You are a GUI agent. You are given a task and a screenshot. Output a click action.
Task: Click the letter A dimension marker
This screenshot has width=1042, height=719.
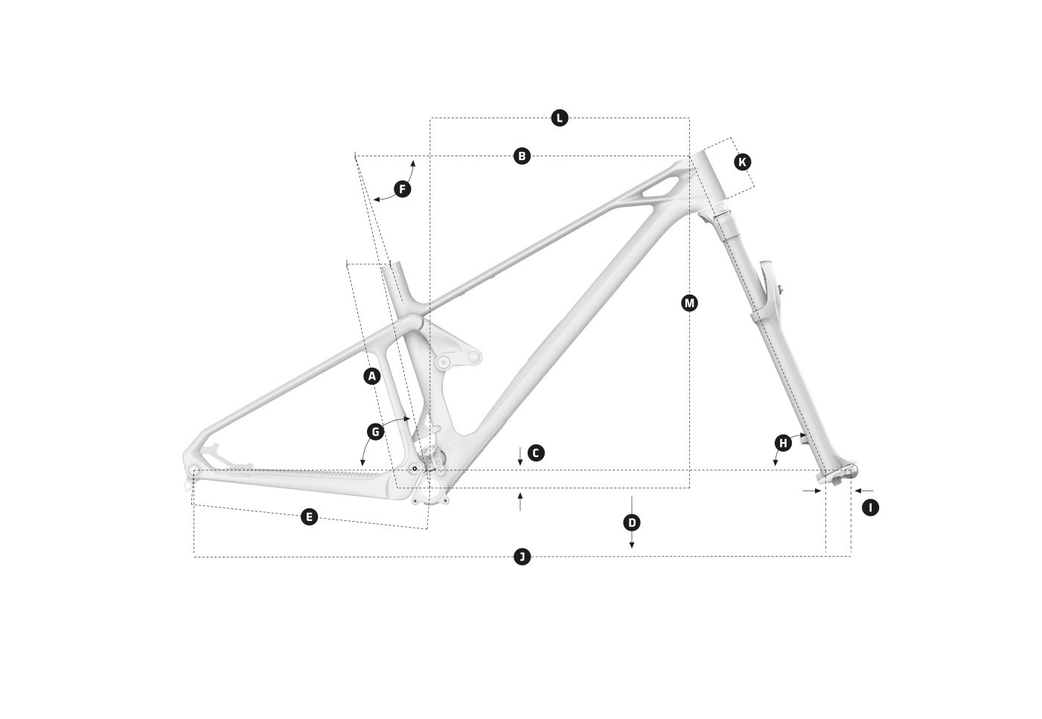(371, 376)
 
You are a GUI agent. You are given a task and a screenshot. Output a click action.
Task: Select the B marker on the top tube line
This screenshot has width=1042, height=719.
(522, 156)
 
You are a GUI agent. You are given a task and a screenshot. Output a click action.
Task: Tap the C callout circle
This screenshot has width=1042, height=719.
(536, 453)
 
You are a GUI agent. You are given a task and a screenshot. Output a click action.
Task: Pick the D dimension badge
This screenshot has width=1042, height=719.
(632, 523)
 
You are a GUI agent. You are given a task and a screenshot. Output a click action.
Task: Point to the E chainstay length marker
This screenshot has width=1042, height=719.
(310, 517)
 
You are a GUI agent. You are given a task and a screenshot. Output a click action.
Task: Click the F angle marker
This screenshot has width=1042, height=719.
(403, 189)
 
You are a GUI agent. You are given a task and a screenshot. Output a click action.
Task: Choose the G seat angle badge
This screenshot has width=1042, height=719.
(375, 432)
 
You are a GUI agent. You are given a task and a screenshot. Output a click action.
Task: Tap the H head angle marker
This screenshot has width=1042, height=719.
(783, 443)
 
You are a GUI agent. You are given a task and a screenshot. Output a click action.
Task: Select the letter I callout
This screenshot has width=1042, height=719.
(870, 508)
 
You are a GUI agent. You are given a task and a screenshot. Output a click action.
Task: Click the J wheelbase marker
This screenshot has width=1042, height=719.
(522, 557)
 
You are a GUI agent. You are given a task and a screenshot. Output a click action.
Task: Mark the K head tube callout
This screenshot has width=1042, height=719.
(743, 162)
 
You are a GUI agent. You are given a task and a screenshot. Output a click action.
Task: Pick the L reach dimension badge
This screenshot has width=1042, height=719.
(560, 118)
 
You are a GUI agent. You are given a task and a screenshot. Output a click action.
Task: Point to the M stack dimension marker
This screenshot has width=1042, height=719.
(689, 303)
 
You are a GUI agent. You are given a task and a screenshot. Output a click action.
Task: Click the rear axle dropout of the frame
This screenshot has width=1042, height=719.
(194, 472)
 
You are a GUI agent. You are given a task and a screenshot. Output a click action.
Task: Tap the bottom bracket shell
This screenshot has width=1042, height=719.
(430, 489)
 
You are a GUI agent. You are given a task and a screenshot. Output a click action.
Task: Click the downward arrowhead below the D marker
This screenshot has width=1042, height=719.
(632, 545)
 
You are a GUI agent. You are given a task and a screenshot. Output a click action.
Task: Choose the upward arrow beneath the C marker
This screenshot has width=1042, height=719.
(520, 502)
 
